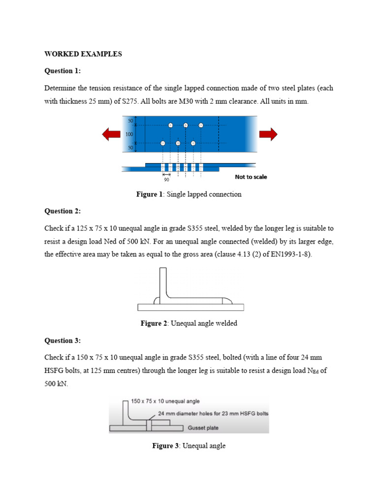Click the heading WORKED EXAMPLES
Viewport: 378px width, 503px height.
click(x=83, y=54)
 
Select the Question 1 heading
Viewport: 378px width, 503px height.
click(x=62, y=71)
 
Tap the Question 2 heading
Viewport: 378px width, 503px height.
click(x=62, y=211)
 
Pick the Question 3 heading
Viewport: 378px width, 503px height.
click(x=62, y=340)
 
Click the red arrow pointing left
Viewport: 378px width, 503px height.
click(x=111, y=134)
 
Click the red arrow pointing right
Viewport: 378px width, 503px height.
click(x=268, y=134)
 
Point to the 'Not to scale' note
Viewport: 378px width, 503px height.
click(x=251, y=177)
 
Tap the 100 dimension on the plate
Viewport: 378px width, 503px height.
click(x=129, y=134)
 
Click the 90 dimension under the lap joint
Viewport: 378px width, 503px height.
click(x=166, y=180)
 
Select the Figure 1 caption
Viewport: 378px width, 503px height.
click(x=189, y=195)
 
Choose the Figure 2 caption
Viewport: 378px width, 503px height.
click(x=189, y=324)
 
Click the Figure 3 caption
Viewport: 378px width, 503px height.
click(x=189, y=446)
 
